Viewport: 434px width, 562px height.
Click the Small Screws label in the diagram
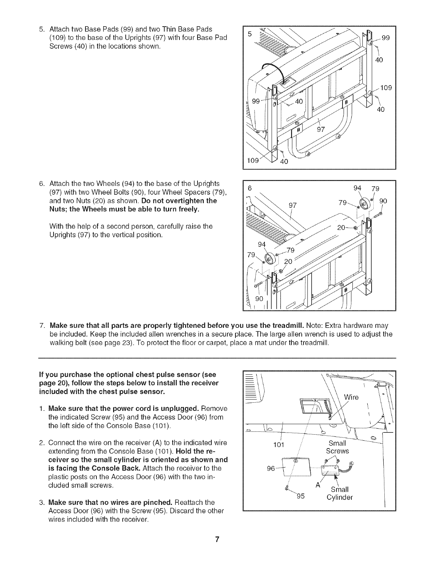338,447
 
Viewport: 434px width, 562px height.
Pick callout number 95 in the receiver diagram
300,496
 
